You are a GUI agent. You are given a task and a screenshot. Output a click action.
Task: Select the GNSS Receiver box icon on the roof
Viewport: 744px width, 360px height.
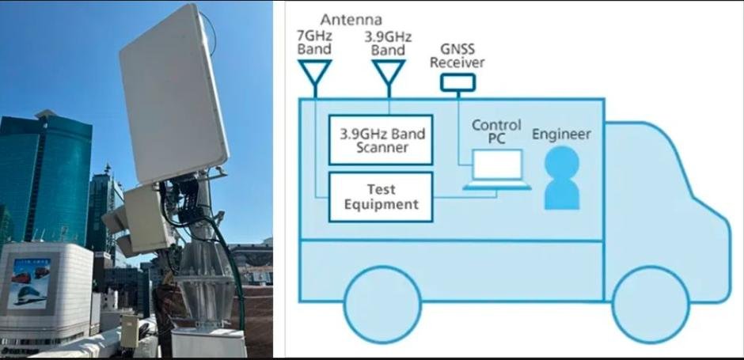[457, 82]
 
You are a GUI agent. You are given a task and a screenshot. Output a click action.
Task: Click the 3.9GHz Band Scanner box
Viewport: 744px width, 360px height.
[381, 140]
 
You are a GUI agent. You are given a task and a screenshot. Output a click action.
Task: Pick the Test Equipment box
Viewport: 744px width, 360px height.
[381, 197]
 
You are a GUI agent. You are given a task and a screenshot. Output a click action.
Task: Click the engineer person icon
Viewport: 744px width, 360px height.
[562, 178]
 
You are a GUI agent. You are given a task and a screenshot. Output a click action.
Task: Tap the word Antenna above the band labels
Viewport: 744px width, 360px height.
[351, 20]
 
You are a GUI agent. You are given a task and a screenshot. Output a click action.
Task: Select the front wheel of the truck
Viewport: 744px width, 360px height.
[651, 304]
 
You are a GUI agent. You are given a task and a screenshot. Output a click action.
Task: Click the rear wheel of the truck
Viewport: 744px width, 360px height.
[382, 304]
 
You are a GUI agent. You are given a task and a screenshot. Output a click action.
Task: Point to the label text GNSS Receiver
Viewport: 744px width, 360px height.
[457, 55]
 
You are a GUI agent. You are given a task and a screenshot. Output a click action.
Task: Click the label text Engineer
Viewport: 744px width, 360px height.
[562, 135]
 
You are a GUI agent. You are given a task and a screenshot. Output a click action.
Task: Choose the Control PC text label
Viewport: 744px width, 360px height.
[496, 131]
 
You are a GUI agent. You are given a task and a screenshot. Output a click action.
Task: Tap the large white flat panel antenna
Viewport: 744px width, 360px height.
[174, 93]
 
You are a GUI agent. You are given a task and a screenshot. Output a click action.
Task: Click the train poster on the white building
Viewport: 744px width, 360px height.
[28, 283]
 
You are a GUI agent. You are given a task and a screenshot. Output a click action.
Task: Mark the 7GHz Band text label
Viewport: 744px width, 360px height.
[314, 43]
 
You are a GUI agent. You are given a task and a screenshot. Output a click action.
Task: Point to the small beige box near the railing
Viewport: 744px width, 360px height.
[129, 331]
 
